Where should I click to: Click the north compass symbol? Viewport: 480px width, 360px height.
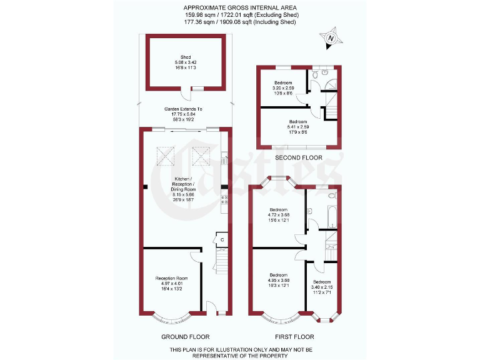pyautogui.click(x=331, y=38)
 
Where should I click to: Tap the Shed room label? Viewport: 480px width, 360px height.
pyautogui.click(x=186, y=57)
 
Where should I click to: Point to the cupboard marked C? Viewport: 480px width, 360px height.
pyautogui.click(x=222, y=240)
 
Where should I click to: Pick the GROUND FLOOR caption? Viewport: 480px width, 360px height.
pyautogui.click(x=185, y=336)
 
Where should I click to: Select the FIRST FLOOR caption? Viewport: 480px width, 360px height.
pyautogui.click(x=297, y=336)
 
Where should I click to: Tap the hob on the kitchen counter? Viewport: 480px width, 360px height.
pyautogui.click(x=224, y=200)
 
